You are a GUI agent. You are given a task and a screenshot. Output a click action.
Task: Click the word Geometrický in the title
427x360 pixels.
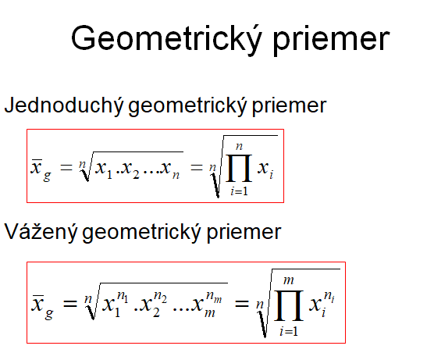click(x=166, y=40)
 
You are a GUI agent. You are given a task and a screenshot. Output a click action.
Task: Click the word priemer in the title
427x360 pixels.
click(x=332, y=41)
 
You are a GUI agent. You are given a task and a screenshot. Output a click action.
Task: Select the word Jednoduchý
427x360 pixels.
click(x=64, y=106)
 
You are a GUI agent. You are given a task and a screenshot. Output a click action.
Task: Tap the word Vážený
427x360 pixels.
click(x=41, y=233)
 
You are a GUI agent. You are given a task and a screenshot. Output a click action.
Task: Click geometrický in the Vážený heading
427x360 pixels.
click(x=142, y=233)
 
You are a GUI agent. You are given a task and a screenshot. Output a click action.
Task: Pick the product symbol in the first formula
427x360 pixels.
click(x=239, y=168)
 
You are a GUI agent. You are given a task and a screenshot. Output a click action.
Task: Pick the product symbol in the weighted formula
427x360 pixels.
click(x=289, y=305)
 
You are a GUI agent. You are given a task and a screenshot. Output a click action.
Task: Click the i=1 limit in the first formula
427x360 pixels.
click(x=239, y=191)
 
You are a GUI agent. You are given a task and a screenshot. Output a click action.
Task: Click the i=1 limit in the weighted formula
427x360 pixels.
click(x=289, y=331)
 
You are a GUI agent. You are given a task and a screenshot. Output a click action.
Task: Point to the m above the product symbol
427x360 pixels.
click(x=289, y=280)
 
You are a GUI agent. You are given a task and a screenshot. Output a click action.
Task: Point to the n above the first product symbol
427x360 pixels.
click(x=239, y=147)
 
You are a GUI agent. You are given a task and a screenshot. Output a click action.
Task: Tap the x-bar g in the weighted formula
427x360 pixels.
click(x=43, y=307)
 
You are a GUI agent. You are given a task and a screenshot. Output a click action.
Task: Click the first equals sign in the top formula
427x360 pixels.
click(x=66, y=167)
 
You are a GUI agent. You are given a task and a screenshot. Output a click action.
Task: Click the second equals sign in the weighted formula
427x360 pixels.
click(x=242, y=303)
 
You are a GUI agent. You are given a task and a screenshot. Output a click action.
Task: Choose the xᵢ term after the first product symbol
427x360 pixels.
click(x=265, y=169)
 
